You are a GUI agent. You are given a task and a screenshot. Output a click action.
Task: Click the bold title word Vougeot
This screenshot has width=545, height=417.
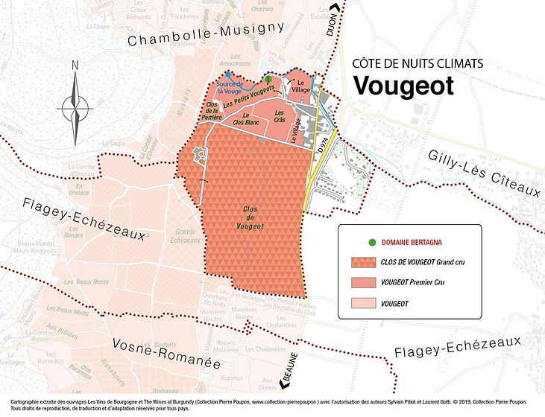403,86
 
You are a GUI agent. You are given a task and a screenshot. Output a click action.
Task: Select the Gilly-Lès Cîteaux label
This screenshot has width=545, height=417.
484,173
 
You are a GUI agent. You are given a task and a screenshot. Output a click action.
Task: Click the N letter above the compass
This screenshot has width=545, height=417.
75,65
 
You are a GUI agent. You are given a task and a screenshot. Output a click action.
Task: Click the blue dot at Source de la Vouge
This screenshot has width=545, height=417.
227,74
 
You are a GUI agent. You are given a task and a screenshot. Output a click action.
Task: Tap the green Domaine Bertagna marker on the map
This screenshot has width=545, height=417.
267,78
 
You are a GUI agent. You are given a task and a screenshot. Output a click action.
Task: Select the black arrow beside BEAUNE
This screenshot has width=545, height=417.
284,384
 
